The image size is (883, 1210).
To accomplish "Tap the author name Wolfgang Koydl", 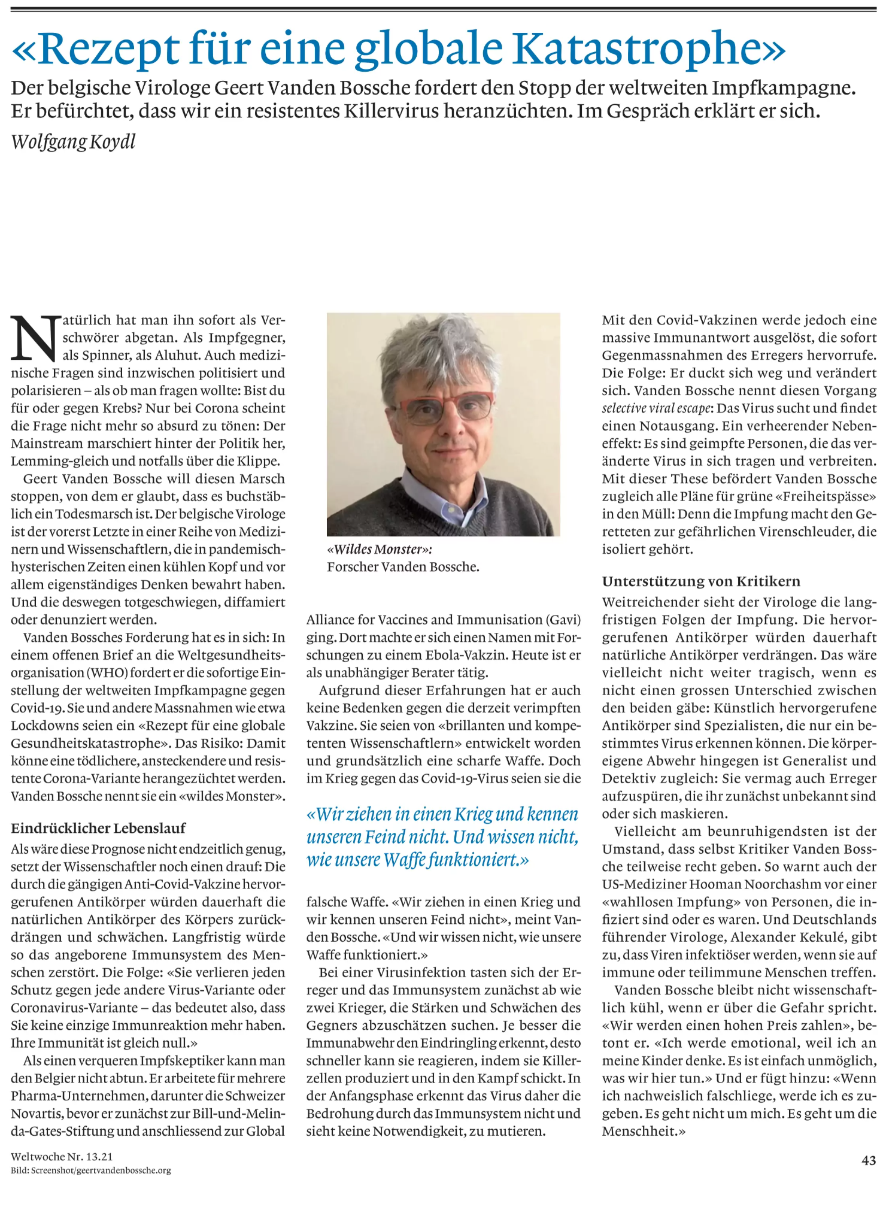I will click(x=73, y=142).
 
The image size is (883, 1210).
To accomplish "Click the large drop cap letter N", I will click(x=35, y=338).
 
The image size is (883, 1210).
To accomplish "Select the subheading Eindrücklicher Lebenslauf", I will click(x=98, y=828).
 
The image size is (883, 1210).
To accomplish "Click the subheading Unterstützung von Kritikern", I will click(x=701, y=581).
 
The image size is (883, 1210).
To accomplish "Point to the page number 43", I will click(x=869, y=1160).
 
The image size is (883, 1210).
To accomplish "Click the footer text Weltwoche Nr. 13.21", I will click(x=62, y=1157).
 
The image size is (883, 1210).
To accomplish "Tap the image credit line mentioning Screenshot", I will click(x=91, y=1170).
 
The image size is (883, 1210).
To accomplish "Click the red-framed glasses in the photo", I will click(x=445, y=405).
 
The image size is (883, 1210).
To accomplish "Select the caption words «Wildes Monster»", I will click(x=379, y=549).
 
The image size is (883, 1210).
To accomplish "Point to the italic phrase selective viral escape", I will click(x=657, y=408).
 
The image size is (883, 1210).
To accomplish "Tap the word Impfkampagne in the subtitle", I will click(x=783, y=88).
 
